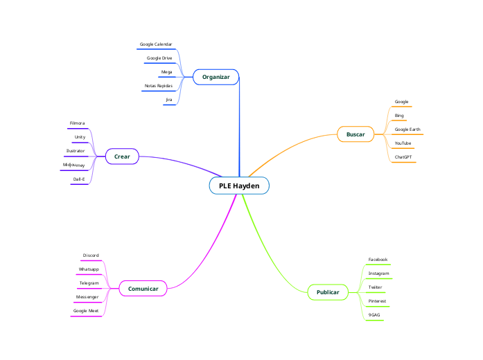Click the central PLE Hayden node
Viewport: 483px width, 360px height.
tap(239, 186)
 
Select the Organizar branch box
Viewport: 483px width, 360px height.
tap(216, 77)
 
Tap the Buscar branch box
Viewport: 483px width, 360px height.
tap(355, 134)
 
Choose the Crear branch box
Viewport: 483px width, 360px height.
tap(122, 156)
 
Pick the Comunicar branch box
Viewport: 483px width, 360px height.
tap(143, 288)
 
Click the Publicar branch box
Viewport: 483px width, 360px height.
tap(328, 292)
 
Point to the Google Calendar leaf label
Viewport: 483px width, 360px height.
tap(156, 44)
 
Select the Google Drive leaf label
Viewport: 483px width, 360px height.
tap(159, 58)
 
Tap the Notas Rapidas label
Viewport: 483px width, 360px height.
tap(158, 86)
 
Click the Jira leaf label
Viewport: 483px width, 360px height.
tap(168, 100)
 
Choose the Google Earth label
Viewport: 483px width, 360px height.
tap(407, 129)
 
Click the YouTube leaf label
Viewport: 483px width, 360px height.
tap(403, 143)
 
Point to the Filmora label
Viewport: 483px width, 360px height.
tap(77, 123)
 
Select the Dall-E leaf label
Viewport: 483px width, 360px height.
tap(79, 179)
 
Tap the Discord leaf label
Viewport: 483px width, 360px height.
tap(91, 255)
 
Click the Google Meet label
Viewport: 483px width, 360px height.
tap(86, 311)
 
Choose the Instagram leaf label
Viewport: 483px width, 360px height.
tap(378, 273)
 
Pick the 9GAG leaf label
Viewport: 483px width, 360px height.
tap(374, 315)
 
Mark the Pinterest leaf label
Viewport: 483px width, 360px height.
tap(377, 301)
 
